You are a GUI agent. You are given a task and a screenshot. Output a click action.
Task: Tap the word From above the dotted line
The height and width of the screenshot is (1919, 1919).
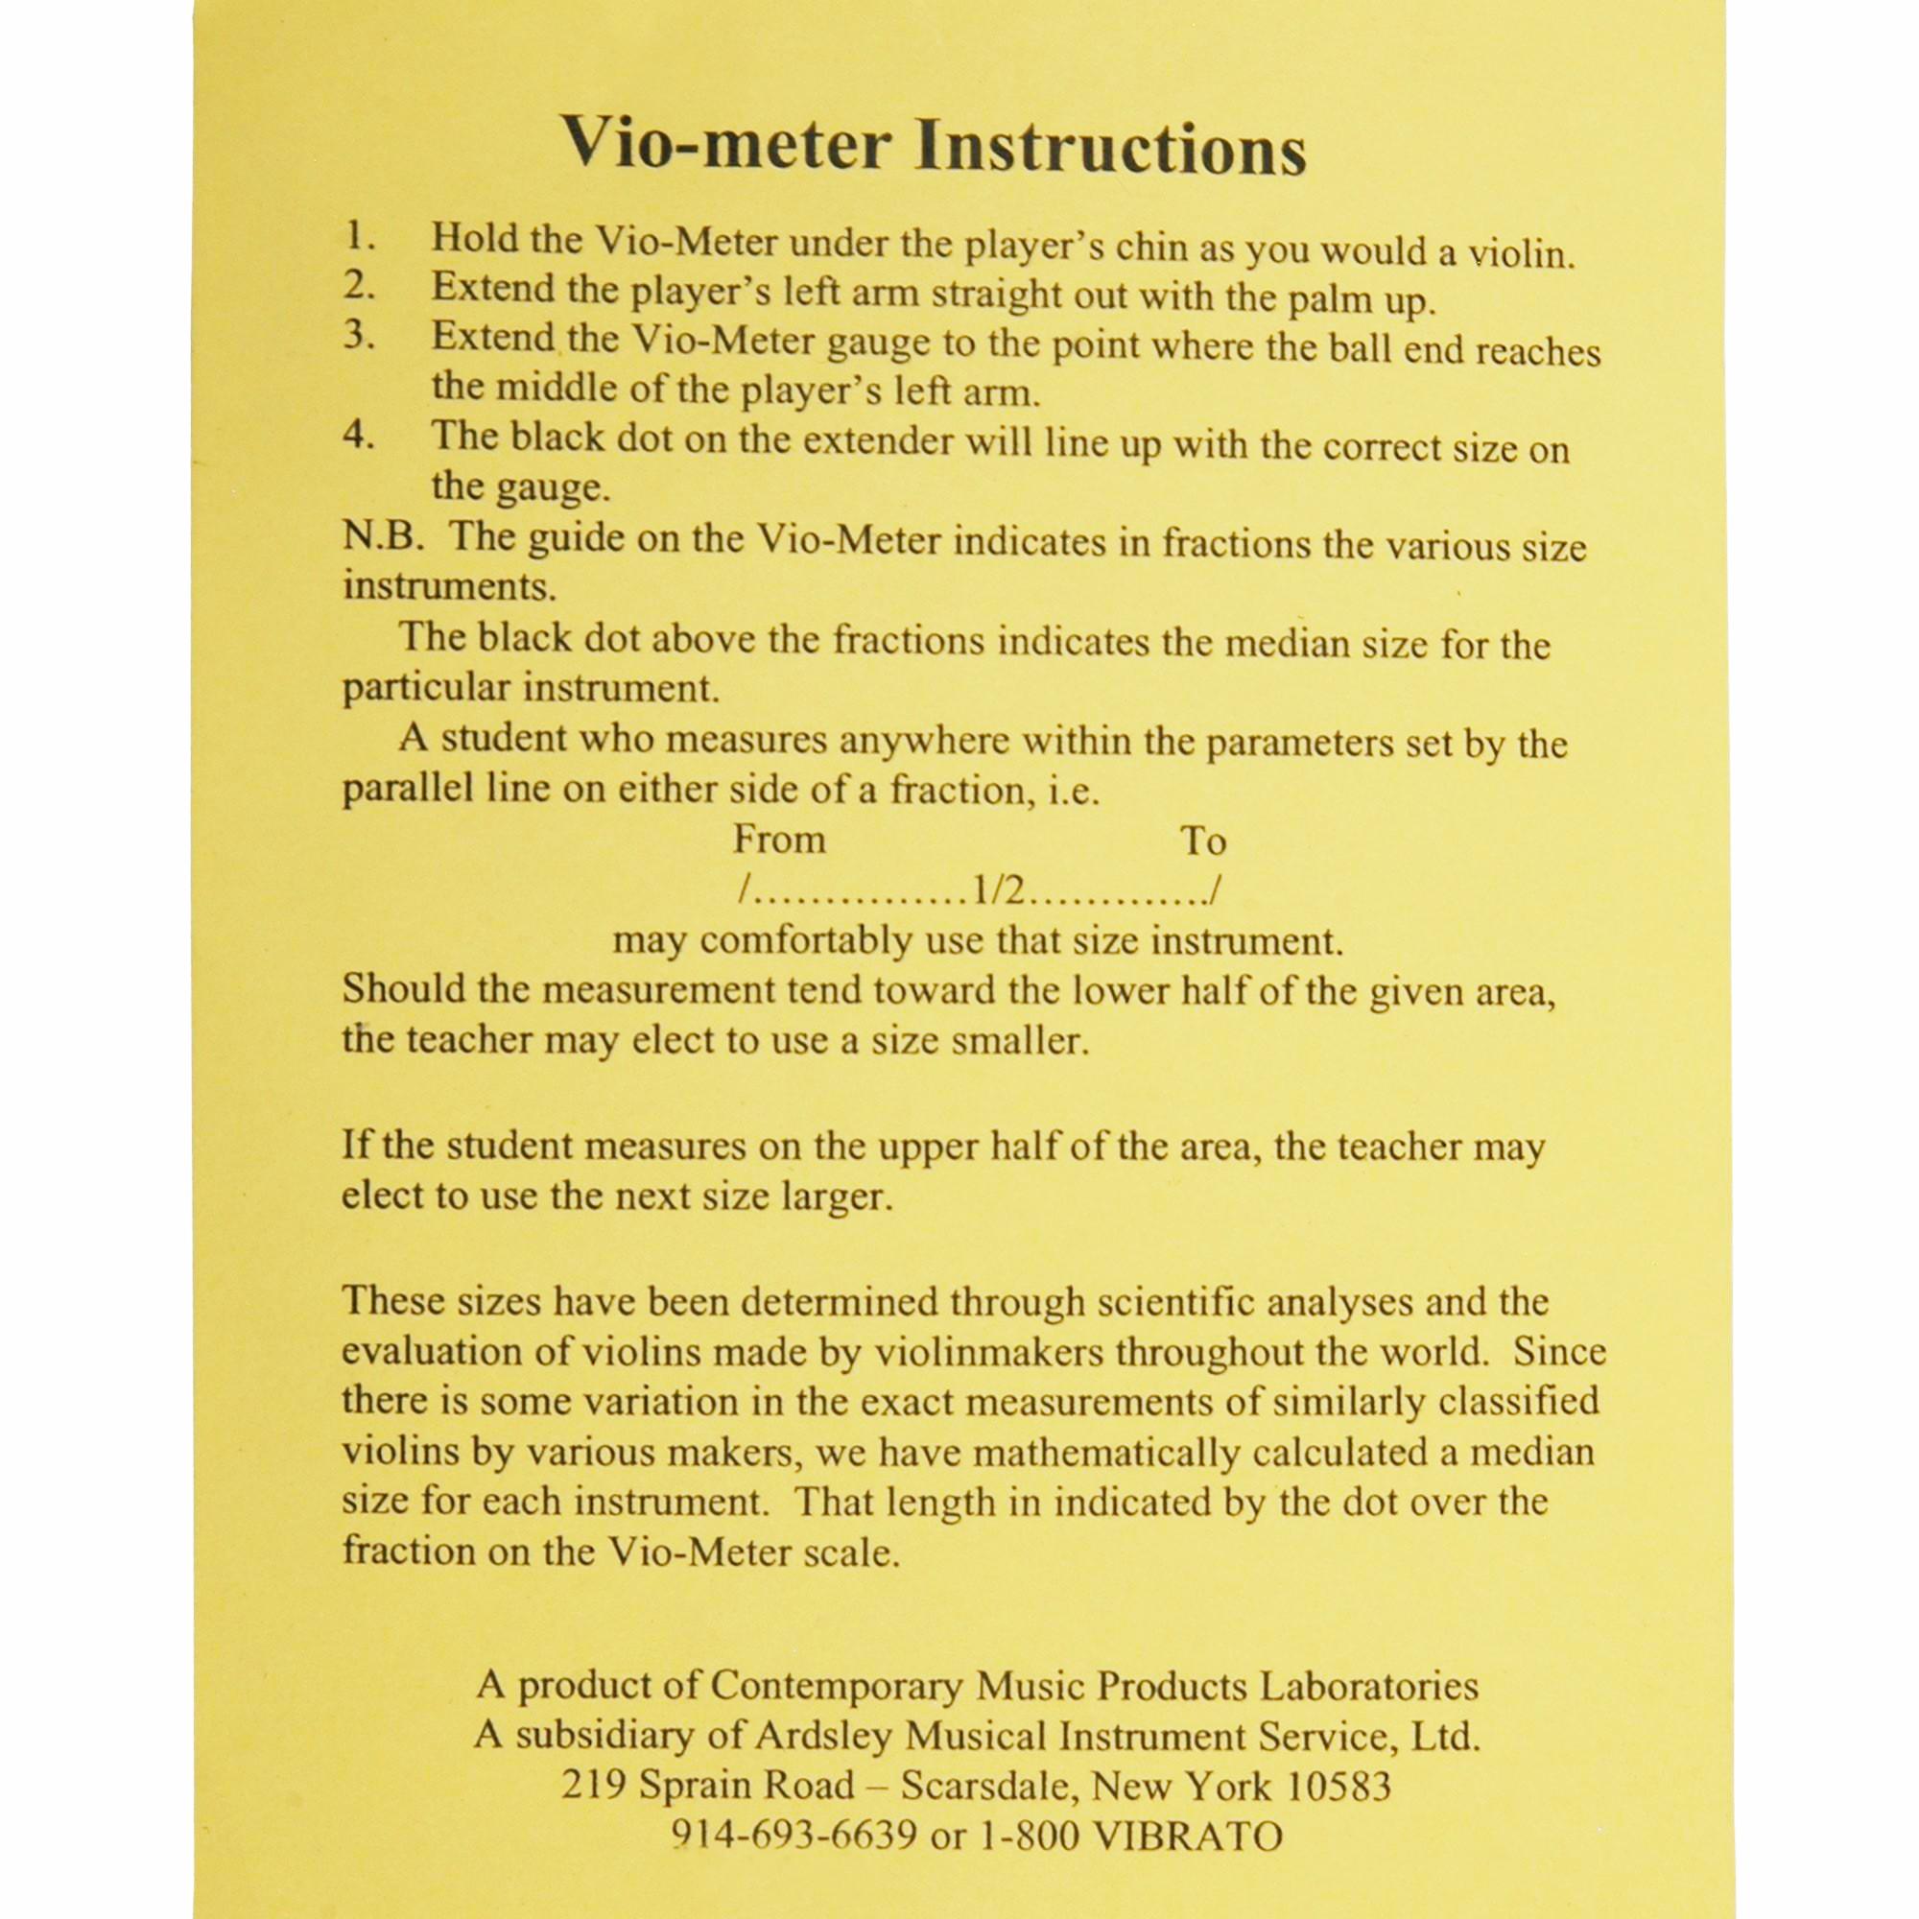pos(779,841)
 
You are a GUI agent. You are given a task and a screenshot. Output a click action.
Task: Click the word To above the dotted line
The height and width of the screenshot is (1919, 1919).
pos(1203,841)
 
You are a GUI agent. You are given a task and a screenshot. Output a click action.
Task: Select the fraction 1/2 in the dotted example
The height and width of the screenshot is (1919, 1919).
pos(998,891)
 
